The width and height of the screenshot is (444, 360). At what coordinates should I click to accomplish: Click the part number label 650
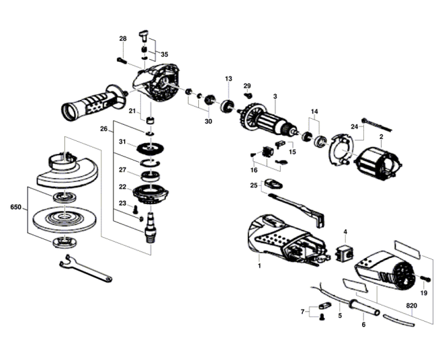[15, 207]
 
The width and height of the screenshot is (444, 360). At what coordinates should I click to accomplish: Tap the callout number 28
[123, 38]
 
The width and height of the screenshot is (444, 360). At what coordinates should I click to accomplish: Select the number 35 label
[165, 54]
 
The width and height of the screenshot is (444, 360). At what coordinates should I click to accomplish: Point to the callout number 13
[228, 79]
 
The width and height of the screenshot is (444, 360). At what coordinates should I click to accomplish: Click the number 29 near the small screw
[247, 86]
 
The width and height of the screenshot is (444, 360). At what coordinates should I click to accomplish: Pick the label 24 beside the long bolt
[355, 127]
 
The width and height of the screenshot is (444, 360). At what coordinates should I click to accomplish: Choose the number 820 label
[412, 306]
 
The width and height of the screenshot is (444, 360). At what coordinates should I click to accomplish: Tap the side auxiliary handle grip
[93, 103]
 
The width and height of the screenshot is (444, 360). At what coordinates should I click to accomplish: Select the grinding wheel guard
[67, 169]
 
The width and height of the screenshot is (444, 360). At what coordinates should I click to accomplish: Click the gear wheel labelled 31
[150, 148]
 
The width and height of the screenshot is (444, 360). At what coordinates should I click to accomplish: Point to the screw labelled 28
[122, 60]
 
